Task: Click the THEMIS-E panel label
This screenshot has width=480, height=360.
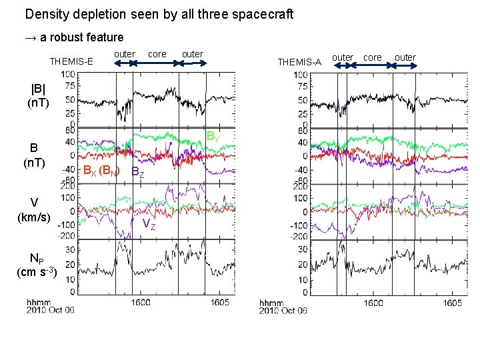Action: coord(71,62)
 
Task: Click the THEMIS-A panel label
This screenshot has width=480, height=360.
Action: coord(299,62)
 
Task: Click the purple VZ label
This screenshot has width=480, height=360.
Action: coord(149,225)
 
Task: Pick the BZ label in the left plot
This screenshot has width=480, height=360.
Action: coord(137,172)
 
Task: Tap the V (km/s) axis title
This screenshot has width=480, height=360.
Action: coord(34,209)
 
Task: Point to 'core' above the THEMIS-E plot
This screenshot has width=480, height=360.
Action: coord(157,53)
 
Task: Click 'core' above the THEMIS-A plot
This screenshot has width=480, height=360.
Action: coord(373,57)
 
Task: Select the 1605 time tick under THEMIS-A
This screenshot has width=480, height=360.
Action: coord(452,302)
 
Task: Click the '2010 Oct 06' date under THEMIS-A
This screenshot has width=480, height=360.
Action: coord(283,311)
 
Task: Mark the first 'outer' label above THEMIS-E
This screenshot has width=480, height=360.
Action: coord(125,53)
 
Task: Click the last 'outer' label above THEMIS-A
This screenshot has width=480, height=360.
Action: coord(405,57)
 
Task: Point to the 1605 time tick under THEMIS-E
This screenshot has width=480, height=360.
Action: coord(219,302)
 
